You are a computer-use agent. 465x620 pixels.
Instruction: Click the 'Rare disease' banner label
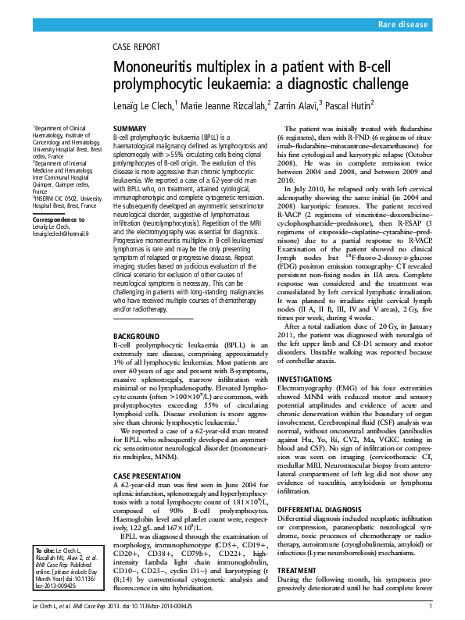point(403,26)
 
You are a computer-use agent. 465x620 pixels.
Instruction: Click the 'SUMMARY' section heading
point(130,127)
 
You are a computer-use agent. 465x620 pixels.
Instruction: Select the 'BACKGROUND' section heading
point(138,336)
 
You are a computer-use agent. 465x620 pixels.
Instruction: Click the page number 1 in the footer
point(431,606)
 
